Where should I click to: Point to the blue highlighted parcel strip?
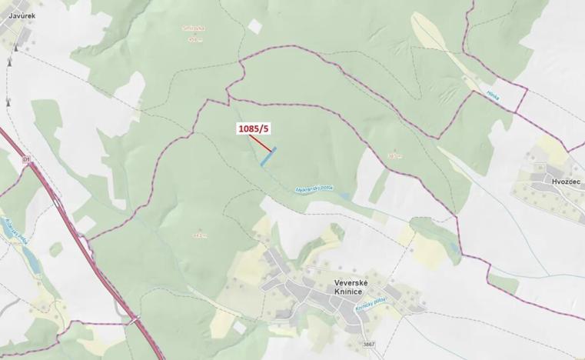pos(268,157)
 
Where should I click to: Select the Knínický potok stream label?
pos(370,305)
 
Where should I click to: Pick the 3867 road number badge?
pos(369,344)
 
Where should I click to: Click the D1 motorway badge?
pos(27,160)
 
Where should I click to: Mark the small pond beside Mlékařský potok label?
pos(346,197)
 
